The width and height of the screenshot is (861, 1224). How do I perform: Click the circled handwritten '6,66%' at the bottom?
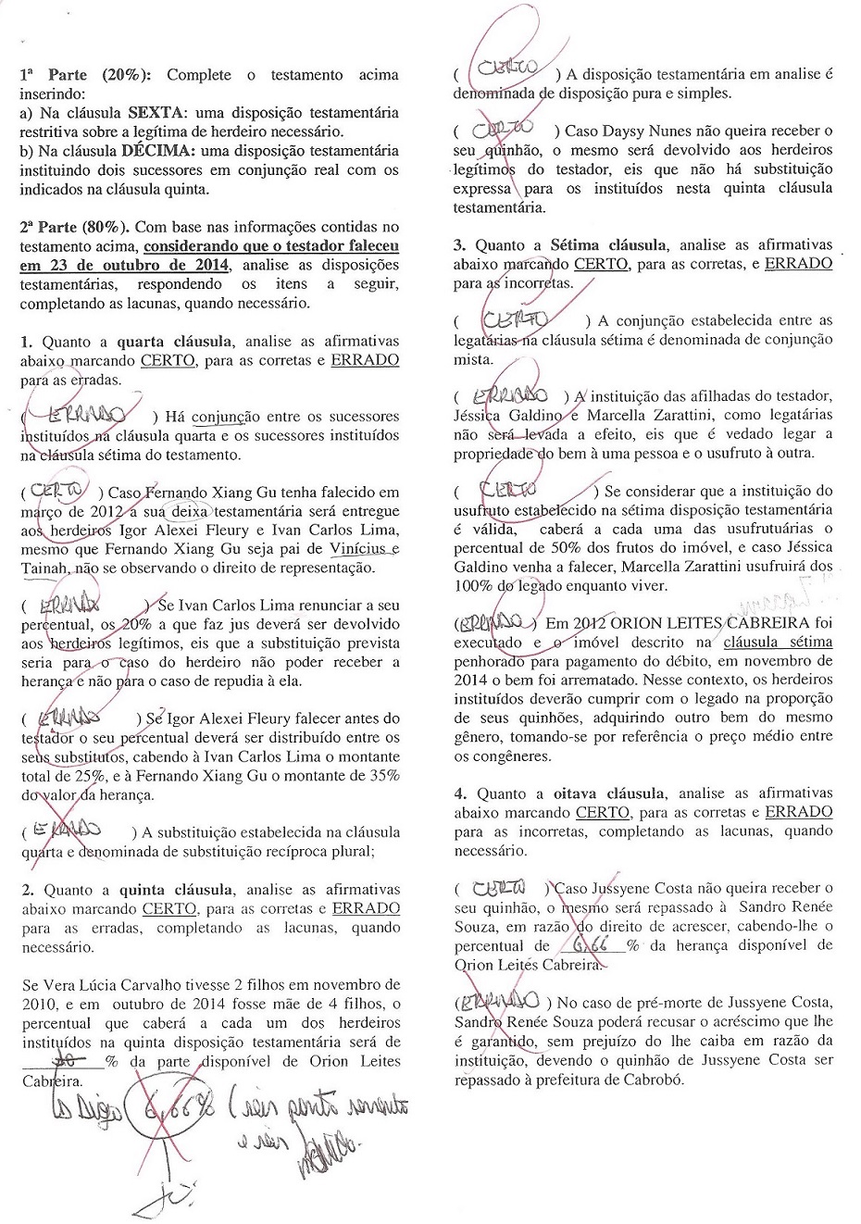[164, 1107]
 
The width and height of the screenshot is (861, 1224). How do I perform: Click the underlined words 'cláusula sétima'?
[778, 642]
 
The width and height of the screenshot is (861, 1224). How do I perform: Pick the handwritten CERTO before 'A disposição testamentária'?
[505, 69]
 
